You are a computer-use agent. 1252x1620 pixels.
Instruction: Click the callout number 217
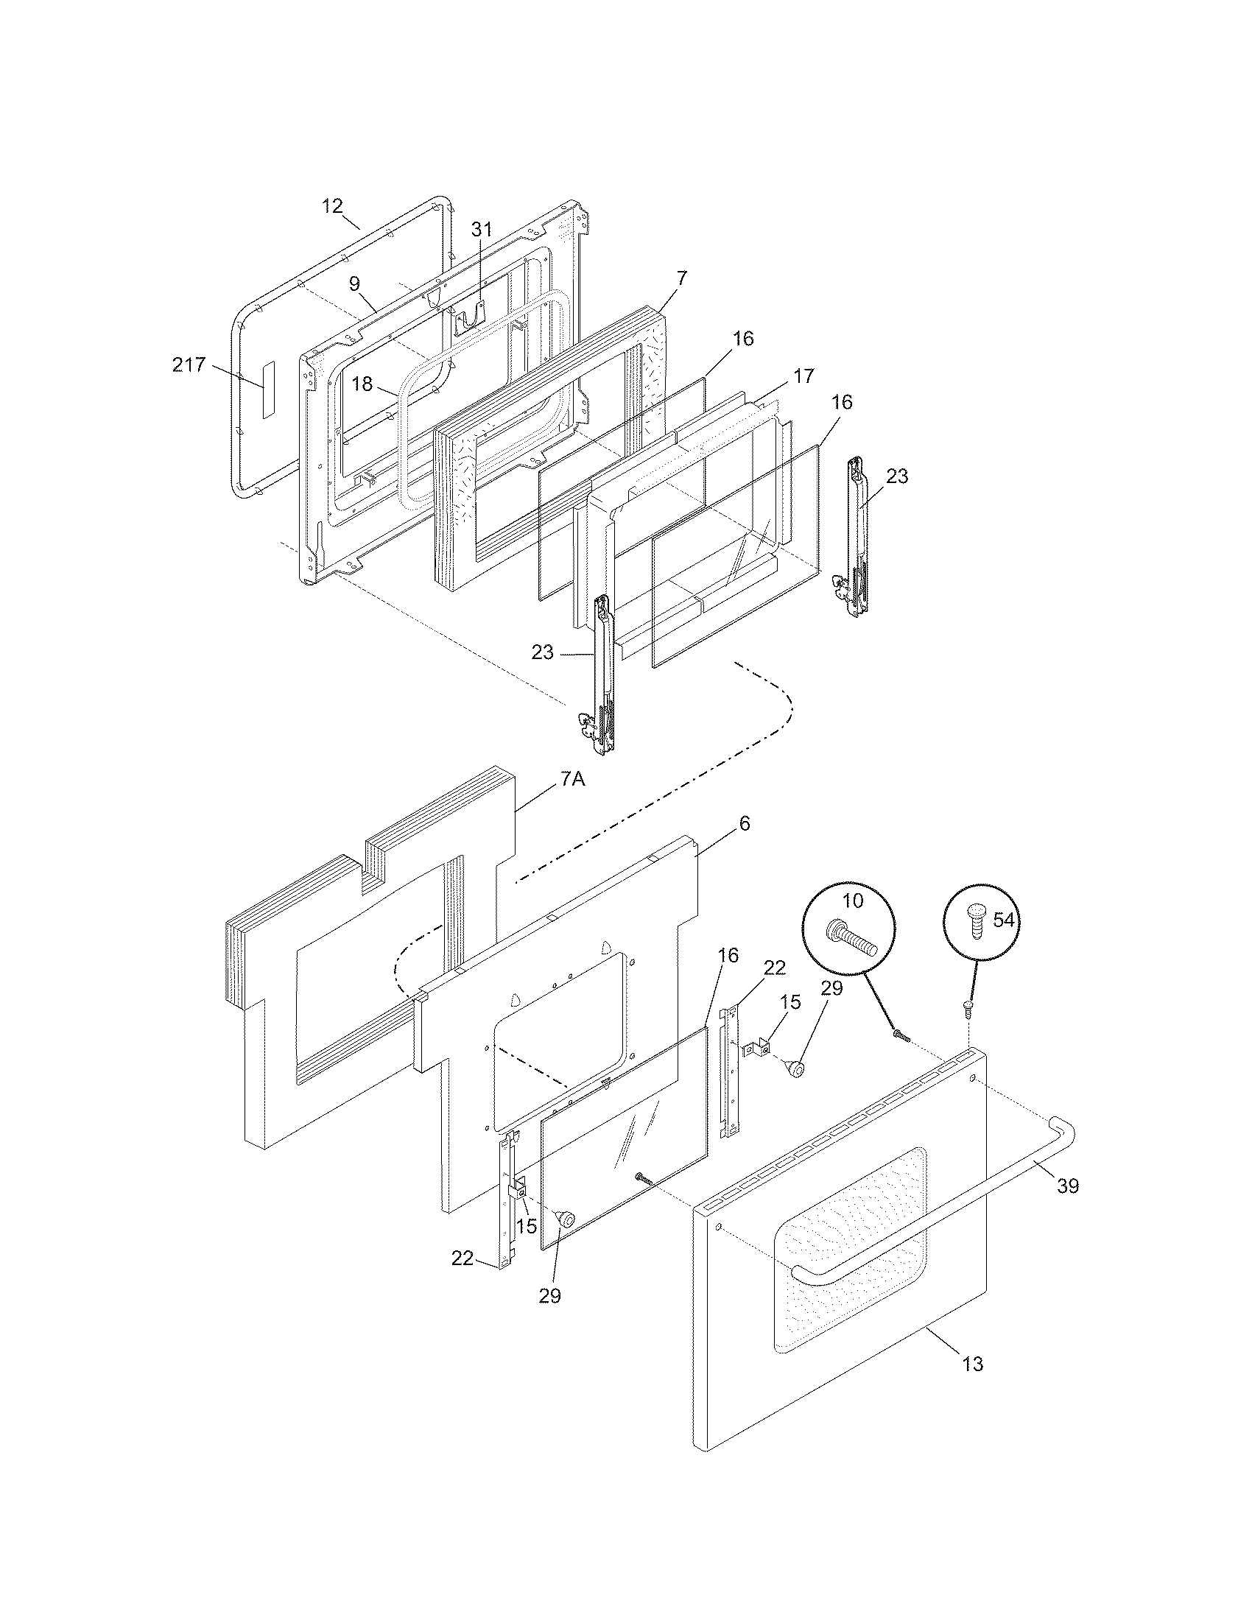click(x=189, y=365)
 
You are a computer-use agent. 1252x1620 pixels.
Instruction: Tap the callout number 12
click(x=332, y=205)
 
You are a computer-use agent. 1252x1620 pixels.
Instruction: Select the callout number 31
click(x=482, y=229)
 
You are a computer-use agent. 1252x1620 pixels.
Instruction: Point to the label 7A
click(x=572, y=780)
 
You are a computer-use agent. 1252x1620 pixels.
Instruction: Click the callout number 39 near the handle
click(x=1067, y=1186)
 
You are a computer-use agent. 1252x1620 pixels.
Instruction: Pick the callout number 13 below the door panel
click(x=972, y=1363)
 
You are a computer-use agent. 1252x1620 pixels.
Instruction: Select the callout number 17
click(x=803, y=376)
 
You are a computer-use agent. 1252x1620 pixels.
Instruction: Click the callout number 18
click(x=362, y=384)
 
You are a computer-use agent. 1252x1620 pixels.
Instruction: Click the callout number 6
click(x=744, y=823)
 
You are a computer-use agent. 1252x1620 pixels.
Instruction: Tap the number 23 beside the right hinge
click(x=897, y=476)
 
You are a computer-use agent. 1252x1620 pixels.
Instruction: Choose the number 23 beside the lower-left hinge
click(x=543, y=652)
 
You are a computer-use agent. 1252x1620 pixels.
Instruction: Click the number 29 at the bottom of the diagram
click(x=549, y=1296)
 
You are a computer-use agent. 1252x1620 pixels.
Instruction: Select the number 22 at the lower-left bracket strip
click(x=462, y=1258)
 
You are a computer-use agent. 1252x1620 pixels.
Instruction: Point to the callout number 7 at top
click(x=682, y=279)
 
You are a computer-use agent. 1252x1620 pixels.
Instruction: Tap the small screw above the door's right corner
click(x=968, y=1006)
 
